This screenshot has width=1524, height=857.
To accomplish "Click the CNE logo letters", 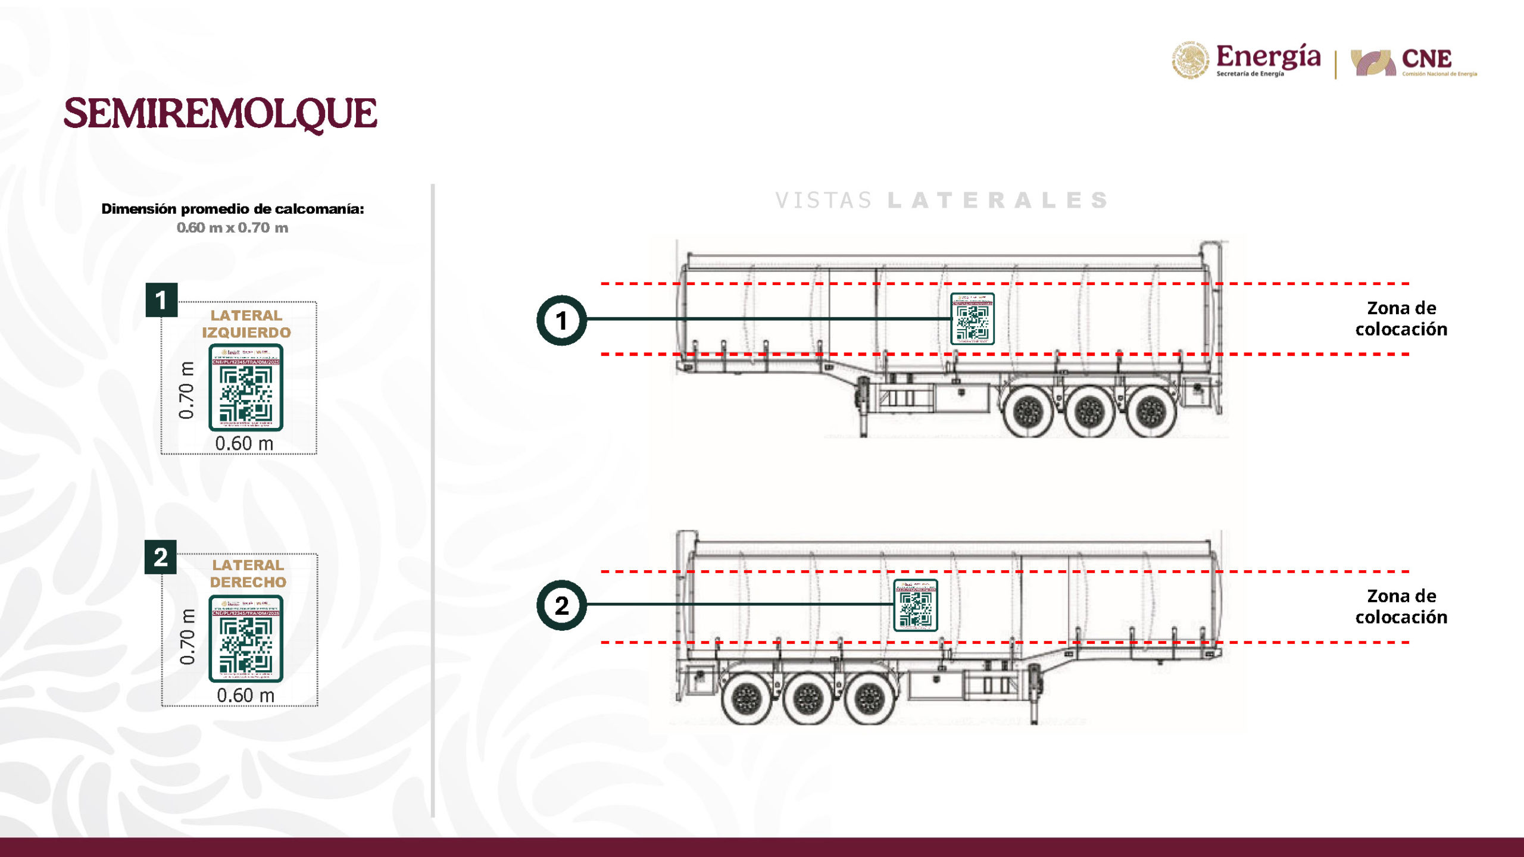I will [x=1426, y=59].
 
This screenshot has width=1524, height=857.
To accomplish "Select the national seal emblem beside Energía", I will [x=1190, y=60].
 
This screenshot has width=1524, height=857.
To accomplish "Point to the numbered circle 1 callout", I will [x=561, y=320].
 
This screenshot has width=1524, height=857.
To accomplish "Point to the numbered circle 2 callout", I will [x=561, y=605].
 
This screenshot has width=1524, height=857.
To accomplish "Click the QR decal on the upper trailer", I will [x=972, y=319].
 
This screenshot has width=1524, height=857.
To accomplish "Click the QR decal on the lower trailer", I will [x=916, y=605].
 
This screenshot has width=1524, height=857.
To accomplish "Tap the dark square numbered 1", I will [x=161, y=300].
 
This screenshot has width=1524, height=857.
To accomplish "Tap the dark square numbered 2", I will [x=161, y=557].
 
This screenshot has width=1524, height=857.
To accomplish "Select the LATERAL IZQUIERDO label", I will [x=246, y=324].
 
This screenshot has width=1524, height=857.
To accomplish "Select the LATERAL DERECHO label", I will [x=248, y=573].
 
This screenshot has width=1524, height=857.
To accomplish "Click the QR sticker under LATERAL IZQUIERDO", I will [x=246, y=387].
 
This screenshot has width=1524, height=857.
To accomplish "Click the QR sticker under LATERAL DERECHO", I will [x=246, y=639].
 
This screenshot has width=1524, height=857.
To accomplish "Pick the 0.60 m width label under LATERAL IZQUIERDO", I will [x=244, y=443].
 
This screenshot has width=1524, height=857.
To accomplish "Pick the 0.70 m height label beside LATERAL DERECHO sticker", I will [x=187, y=637].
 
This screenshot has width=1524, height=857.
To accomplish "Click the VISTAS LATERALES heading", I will [x=942, y=201].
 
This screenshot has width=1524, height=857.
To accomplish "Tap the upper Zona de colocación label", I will [x=1401, y=318].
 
